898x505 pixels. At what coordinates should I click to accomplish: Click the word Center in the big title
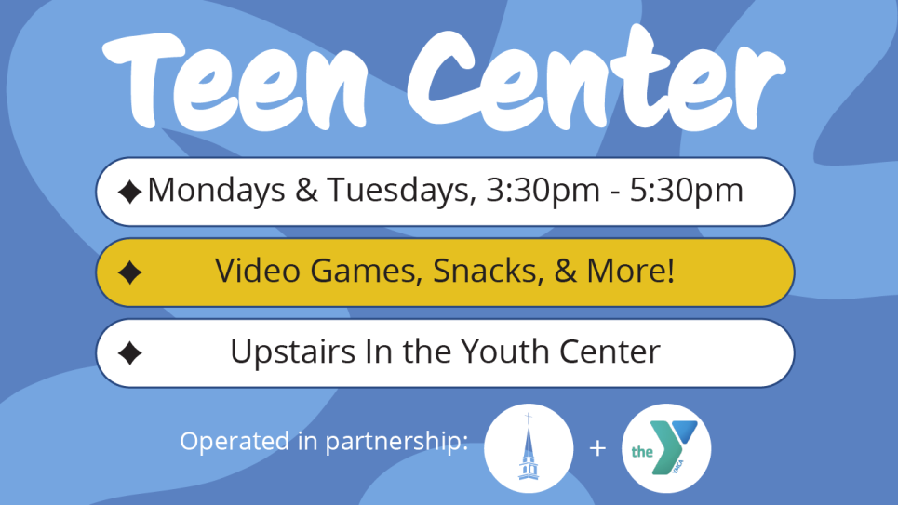[596, 77]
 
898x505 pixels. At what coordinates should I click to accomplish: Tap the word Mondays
[217, 191]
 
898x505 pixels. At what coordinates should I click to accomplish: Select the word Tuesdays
[401, 191]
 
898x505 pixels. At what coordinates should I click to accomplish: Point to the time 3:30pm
[543, 191]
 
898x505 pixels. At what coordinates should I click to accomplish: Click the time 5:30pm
[686, 191]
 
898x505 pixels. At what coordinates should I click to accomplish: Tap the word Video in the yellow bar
[258, 271]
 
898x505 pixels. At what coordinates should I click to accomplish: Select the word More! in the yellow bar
[631, 271]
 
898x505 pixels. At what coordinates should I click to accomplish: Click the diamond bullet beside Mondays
[129, 192]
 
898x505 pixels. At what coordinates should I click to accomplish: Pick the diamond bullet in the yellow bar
[129, 272]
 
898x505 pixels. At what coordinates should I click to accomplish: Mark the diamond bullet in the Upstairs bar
[129, 353]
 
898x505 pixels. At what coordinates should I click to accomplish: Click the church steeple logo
[529, 448]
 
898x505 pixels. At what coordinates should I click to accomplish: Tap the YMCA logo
[666, 448]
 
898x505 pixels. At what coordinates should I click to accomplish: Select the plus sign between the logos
[597, 448]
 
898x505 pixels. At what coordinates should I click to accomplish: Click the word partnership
[396, 442]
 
